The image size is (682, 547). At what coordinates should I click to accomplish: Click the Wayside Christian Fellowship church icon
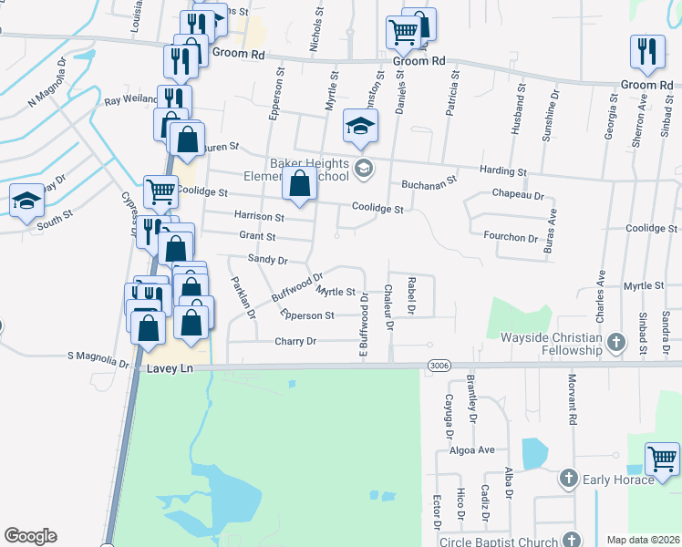tap(616, 344)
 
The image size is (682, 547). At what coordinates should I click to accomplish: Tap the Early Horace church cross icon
tap(569, 478)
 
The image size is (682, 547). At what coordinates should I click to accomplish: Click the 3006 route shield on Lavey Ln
tap(439, 366)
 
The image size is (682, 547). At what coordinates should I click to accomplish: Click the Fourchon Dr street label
tap(509, 238)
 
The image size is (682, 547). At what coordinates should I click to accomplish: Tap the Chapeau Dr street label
tap(517, 196)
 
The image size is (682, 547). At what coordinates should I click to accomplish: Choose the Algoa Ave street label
tap(471, 450)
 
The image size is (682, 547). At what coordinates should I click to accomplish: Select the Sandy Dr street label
tap(269, 260)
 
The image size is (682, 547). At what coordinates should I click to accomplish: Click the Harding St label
tap(503, 171)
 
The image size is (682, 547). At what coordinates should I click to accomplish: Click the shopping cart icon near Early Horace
tap(663, 459)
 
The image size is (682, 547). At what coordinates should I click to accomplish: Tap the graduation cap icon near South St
tap(26, 201)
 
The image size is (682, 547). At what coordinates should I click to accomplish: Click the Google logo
tap(30, 536)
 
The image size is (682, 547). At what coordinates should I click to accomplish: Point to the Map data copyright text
tap(642, 540)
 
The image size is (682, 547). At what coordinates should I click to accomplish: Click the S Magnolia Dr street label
tap(98, 362)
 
